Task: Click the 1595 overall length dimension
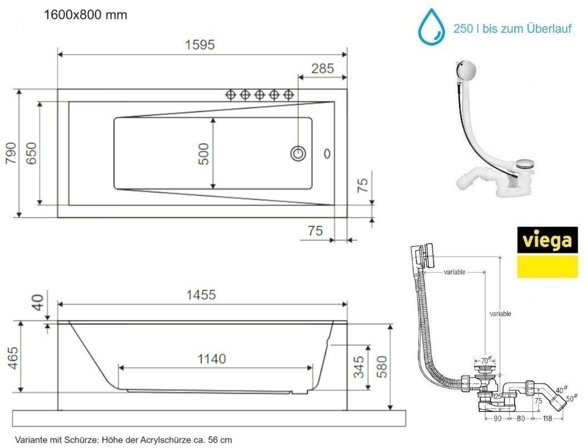200,45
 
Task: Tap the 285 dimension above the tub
322,68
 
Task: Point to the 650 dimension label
31,153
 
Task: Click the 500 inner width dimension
203,154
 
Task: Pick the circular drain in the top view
298,153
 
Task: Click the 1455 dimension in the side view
201,295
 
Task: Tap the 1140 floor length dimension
212,359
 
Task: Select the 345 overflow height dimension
359,367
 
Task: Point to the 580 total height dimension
381,367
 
